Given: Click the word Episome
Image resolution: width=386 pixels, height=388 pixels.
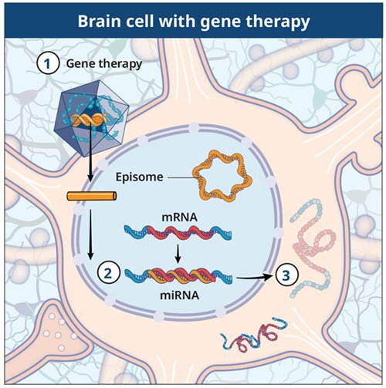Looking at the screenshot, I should coord(141,177).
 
